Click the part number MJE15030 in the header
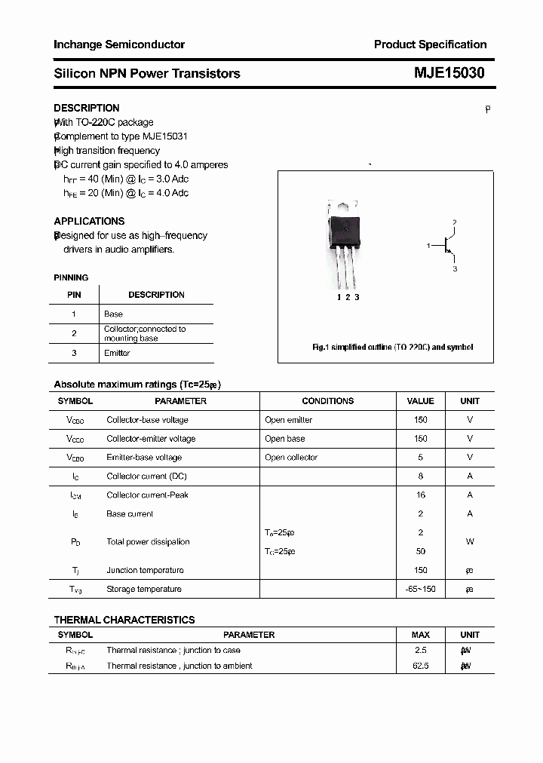pos(449,73)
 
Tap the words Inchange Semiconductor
pos(119,44)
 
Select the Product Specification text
pos(430,44)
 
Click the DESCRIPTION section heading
pos(87,108)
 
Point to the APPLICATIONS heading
pos(89,221)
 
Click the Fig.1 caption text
pos(392,348)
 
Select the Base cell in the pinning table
pos(113,314)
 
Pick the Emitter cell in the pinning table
pos(117,353)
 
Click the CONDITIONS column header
pos(327,401)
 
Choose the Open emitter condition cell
pos(288,420)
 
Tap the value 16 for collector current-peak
pos(421,495)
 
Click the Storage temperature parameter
pos(144,589)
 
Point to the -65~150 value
pos(421,589)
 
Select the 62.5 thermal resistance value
pos(421,666)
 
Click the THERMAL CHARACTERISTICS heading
pos(124,620)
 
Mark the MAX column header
pos(421,635)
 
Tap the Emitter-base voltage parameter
pos(144,458)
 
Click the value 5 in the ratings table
pos(421,458)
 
